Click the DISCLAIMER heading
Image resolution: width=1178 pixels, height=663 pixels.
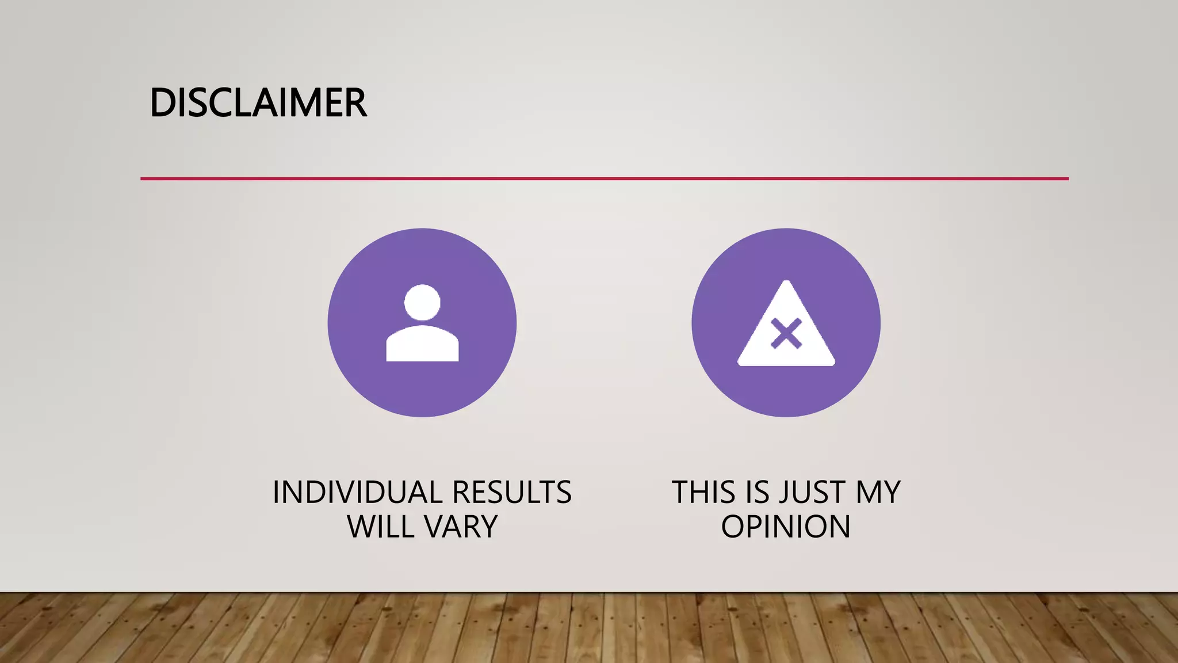tap(258, 104)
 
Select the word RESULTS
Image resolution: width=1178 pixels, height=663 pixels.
tap(511, 493)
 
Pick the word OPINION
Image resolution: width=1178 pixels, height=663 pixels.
tap(786, 527)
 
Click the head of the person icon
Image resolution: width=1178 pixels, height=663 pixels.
tap(422, 302)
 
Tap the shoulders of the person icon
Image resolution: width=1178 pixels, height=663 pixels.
tap(422, 345)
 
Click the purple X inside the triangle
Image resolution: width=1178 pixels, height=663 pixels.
tap(786, 334)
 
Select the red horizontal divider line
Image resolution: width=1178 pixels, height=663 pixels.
tap(604, 179)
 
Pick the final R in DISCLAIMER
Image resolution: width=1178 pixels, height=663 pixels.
tap(355, 104)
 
